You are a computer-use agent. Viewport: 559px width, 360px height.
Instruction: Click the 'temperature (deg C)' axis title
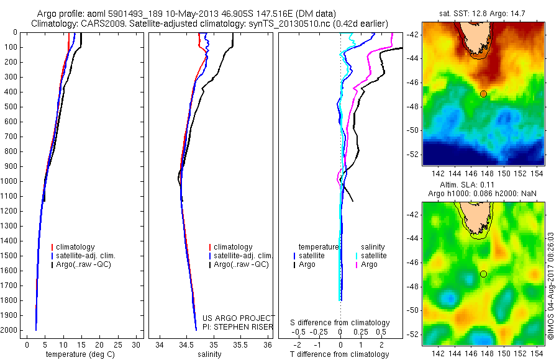click(x=80, y=354)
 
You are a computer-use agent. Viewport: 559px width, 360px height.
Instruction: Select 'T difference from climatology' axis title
click(x=340, y=354)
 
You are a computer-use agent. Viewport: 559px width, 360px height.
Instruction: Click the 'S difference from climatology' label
click(x=340, y=323)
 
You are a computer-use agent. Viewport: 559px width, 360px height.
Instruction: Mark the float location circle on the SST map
click(x=483, y=94)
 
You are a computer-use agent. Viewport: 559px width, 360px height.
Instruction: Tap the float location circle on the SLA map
click(x=483, y=274)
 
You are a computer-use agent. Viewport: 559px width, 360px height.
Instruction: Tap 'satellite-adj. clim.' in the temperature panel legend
click(x=91, y=256)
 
